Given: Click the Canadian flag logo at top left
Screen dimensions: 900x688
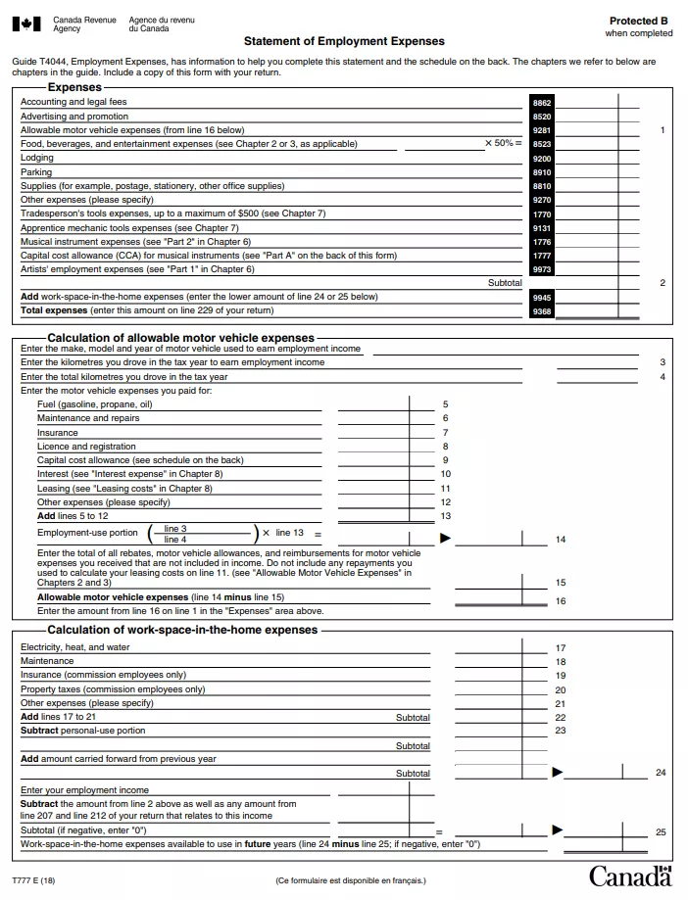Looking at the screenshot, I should (27, 24).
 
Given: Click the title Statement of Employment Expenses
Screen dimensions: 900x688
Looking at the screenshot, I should (344, 41).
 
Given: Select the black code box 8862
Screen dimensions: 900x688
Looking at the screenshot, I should (542, 102).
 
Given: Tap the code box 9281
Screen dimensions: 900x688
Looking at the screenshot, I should (542, 130).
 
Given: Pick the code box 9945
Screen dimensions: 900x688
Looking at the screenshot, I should (542, 297).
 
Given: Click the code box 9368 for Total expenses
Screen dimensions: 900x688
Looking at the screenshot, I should (542, 311).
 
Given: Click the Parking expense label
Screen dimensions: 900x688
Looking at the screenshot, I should (36, 172).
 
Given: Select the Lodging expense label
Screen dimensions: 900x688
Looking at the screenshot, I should (37, 158).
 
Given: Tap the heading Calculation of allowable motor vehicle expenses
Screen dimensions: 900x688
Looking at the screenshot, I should (181, 338).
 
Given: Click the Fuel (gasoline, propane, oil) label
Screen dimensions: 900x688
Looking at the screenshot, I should (94, 404).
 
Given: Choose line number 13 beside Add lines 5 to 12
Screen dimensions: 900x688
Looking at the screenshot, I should (446, 516).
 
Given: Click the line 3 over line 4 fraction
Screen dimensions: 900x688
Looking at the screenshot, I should (175, 534).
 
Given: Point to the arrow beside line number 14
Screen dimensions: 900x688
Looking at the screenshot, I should (445, 538).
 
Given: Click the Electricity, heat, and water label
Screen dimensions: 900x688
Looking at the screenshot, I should (74, 647).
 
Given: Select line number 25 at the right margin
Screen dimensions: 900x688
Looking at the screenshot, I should (661, 832).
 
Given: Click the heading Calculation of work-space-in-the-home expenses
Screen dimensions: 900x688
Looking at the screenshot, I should (182, 630).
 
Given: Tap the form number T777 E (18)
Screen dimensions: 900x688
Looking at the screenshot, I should (33, 880).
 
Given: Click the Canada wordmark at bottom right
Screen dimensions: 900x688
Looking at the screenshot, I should (630, 876).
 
